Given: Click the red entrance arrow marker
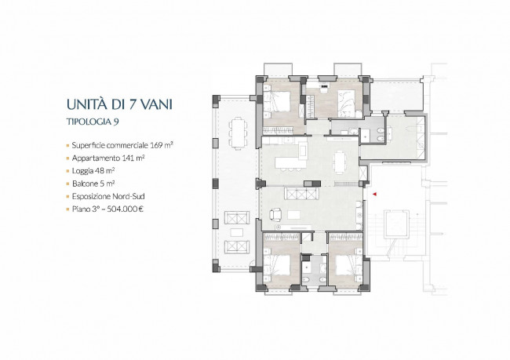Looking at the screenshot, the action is [375, 195].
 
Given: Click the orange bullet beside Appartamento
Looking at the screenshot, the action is [67, 158].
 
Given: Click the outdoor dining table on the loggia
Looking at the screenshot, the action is [238, 133].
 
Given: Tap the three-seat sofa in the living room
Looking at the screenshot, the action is [301, 194].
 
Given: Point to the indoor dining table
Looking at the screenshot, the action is [339, 162].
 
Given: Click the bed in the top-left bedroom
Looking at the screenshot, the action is [278, 102].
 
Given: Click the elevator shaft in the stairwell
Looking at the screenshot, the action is [396, 224].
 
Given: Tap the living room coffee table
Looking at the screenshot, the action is [293, 215].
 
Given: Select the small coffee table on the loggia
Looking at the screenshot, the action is [236, 232].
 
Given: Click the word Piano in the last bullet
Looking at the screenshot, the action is [79, 209].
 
